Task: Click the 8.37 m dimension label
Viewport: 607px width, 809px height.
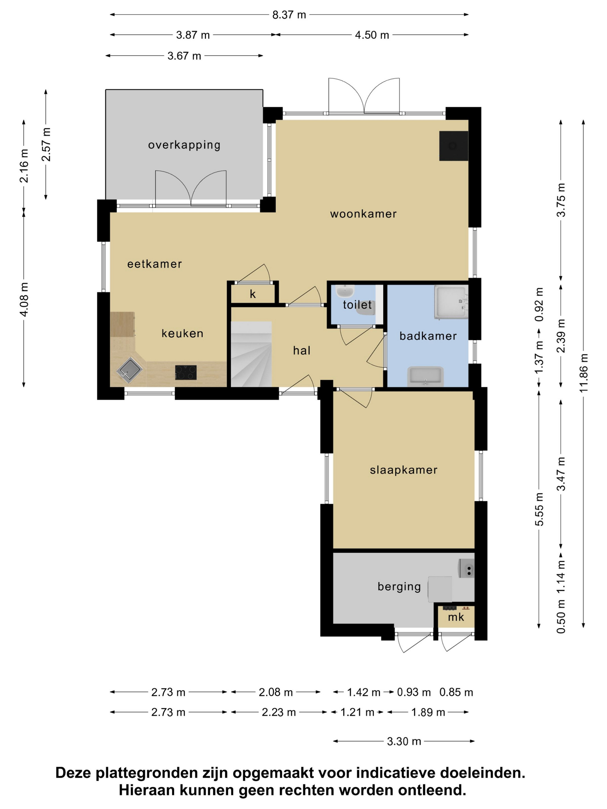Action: pos(289,15)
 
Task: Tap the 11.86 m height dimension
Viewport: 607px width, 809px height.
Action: pos(583,373)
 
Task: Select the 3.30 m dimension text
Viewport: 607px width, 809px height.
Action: pos(404,741)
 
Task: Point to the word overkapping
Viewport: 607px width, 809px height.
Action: pos(184,145)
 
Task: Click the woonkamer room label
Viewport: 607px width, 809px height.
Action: pos(363,214)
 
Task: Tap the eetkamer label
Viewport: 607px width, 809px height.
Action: pos(154,264)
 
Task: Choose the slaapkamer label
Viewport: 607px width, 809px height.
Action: pos(404,470)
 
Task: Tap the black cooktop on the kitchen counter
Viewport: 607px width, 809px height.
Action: pos(186,372)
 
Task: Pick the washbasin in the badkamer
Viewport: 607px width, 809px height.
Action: pos(425,377)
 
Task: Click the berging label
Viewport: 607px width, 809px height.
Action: pos(399,587)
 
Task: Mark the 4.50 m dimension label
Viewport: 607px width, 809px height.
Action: pos(372,35)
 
